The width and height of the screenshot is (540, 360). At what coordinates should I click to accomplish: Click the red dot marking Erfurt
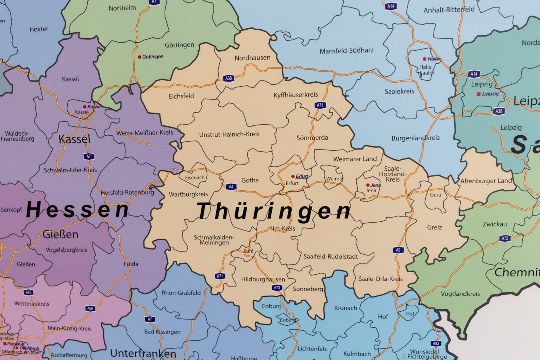point(293,176)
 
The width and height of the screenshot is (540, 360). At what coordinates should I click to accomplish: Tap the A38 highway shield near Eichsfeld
point(229,78)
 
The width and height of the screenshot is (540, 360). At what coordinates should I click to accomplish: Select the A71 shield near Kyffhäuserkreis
point(320,105)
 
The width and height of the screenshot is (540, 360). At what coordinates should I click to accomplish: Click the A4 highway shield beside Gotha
point(231,187)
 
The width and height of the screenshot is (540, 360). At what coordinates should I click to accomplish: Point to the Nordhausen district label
point(252,58)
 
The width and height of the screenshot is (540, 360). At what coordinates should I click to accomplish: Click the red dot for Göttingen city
point(139,57)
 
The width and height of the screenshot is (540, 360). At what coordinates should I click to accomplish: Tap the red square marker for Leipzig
point(478,94)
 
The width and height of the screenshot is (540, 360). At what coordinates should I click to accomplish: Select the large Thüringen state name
point(273,211)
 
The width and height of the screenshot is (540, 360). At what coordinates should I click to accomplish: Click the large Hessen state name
point(78,209)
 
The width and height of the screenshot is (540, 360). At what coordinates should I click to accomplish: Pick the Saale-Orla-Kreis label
point(380,279)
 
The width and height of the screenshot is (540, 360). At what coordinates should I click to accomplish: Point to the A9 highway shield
point(398,250)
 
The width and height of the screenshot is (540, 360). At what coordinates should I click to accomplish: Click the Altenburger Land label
point(486,181)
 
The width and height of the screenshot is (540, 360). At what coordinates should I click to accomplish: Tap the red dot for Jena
point(368,185)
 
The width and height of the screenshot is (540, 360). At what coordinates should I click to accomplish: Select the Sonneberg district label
point(308,289)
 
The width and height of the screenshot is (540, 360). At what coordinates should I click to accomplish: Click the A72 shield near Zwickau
point(505,238)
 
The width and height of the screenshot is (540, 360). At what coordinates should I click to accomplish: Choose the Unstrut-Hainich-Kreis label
point(229,134)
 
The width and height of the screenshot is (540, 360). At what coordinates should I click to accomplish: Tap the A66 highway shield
point(90,308)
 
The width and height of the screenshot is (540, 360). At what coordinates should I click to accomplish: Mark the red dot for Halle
point(424,59)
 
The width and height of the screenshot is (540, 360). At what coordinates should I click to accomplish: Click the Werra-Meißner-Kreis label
point(145,133)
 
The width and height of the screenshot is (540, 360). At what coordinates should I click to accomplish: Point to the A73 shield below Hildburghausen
point(277,288)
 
